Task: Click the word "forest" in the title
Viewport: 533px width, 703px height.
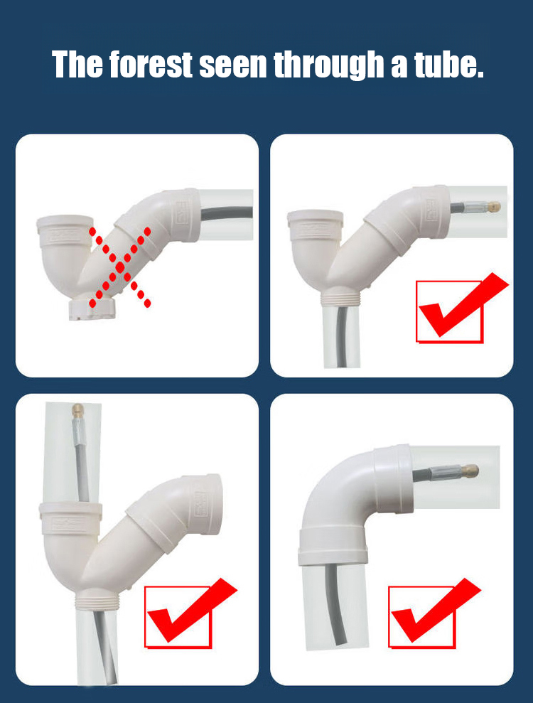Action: tap(151, 64)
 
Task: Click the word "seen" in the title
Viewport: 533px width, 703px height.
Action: tap(233, 65)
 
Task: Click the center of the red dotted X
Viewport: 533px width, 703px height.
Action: tap(119, 267)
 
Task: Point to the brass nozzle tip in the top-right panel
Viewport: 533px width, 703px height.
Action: tap(494, 207)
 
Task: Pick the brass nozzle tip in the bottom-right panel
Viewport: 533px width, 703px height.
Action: tap(472, 471)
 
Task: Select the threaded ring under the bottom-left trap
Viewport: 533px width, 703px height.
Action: tap(97, 601)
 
